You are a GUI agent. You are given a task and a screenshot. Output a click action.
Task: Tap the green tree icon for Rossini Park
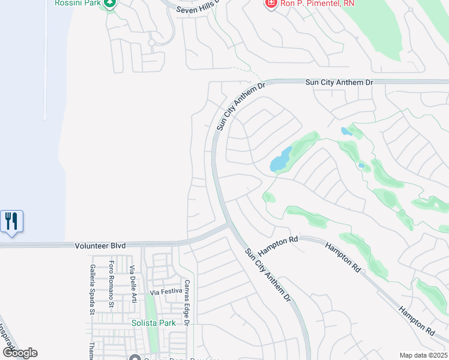tap(109, 4)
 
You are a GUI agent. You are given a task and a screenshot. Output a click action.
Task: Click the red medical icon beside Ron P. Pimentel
tap(271, 4)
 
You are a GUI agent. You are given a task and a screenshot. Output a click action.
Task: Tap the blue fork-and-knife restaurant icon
tap(11, 221)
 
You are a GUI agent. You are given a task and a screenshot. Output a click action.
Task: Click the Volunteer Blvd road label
tap(100, 245)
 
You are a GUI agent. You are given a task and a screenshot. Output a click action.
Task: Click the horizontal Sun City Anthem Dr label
tap(339, 82)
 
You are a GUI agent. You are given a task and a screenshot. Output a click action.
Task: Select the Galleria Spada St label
tap(92, 289)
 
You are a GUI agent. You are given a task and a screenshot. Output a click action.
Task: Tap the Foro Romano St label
tap(112, 285)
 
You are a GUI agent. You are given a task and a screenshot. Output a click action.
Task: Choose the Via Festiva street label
tap(166, 292)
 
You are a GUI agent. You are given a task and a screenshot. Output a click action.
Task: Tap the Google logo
tap(20, 352)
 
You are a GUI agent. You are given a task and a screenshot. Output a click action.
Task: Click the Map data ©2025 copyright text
tap(423, 355)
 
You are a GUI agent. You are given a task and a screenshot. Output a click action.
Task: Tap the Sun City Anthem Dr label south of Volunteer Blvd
tap(269, 274)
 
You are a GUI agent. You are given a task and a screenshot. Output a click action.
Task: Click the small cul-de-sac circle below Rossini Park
tap(152, 43)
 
